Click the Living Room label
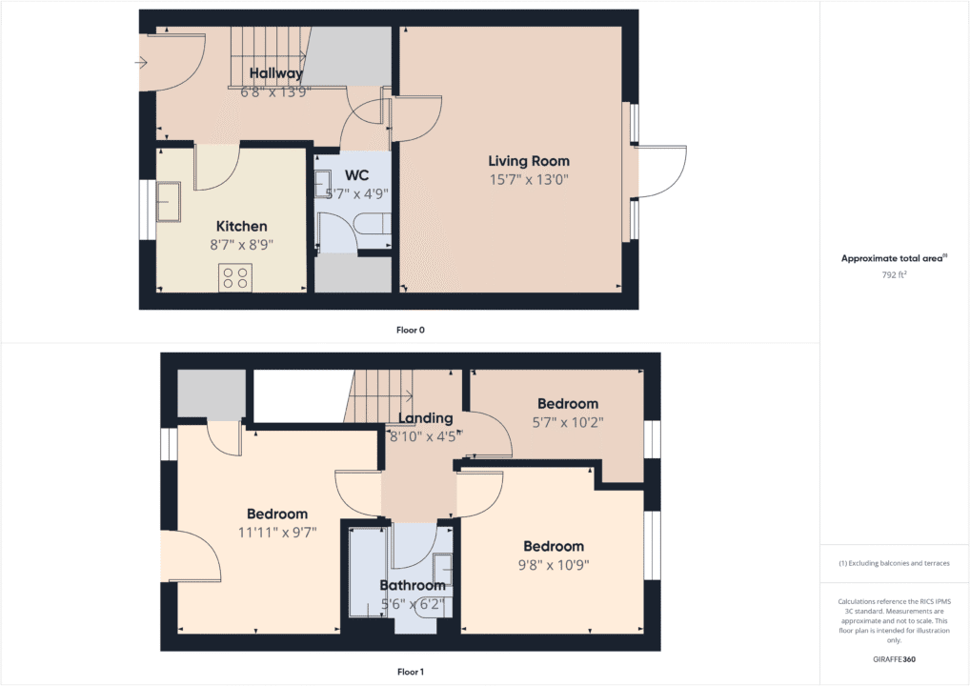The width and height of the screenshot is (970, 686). point(529,161)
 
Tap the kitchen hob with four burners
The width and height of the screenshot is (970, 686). point(234,277)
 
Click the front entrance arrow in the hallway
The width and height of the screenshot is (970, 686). point(142,63)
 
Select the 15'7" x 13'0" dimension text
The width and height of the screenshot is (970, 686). point(529,179)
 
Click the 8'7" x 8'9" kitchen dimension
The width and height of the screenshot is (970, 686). point(241,244)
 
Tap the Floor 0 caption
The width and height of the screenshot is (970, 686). point(410,330)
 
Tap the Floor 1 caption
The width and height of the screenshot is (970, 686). point(410,672)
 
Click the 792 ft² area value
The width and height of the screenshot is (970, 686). point(894,274)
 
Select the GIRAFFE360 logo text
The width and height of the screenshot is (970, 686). point(894,659)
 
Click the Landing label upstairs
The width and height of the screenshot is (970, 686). point(425,418)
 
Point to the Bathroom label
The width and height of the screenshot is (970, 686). point(412,585)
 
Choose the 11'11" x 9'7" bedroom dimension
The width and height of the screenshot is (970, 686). point(277,532)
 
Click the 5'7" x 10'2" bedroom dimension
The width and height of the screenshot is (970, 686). point(567,421)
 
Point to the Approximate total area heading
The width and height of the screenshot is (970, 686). point(894,258)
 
